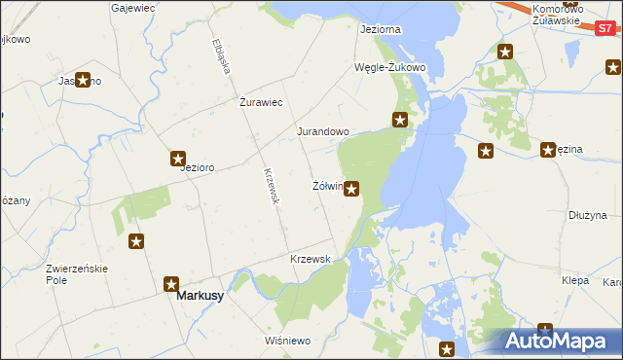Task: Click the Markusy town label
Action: point(199,297)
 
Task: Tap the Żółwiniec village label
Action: point(326,185)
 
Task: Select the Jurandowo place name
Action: point(322,130)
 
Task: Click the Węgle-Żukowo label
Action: point(389,67)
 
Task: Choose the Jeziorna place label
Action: point(380,29)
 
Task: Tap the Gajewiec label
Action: point(134,7)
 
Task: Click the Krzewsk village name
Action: point(311,259)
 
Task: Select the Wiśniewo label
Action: point(286,341)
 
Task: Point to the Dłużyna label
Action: point(588,215)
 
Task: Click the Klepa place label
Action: point(575,279)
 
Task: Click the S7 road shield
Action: point(605,29)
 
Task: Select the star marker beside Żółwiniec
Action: point(351,188)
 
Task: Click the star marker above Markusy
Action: point(172,283)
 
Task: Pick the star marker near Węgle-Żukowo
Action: point(400,120)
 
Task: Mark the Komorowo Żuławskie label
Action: point(557,14)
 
